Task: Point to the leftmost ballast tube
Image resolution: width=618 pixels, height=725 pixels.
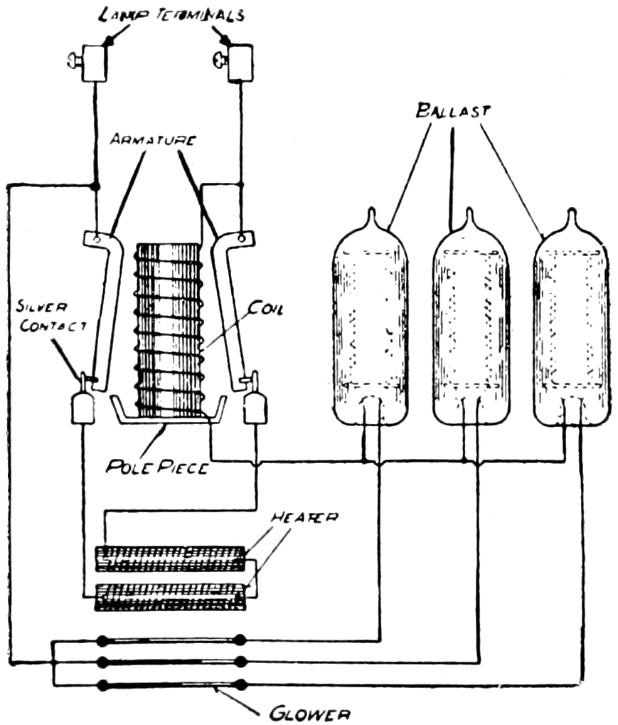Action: (x=370, y=320)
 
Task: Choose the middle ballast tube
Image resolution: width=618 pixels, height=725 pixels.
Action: (x=470, y=320)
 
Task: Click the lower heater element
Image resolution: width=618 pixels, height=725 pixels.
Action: (x=171, y=595)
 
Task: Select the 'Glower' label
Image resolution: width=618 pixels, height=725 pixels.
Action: (x=309, y=712)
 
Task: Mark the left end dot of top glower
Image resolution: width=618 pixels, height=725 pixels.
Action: (x=103, y=640)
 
